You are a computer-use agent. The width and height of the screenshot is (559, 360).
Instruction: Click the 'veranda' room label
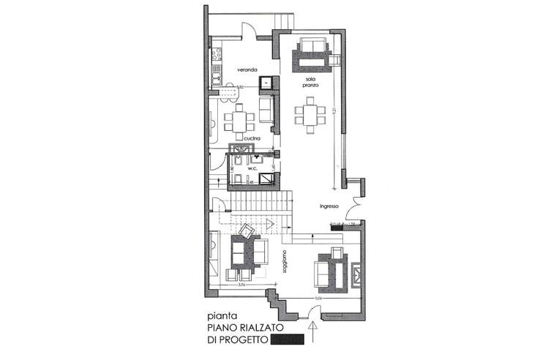[x=246, y=70]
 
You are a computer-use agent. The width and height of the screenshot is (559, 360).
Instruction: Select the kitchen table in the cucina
[x=240, y=117]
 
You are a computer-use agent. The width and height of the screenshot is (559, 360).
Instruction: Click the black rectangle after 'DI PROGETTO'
[x=287, y=340]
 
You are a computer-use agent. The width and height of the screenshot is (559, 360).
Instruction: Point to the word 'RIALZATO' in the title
[x=254, y=329]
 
